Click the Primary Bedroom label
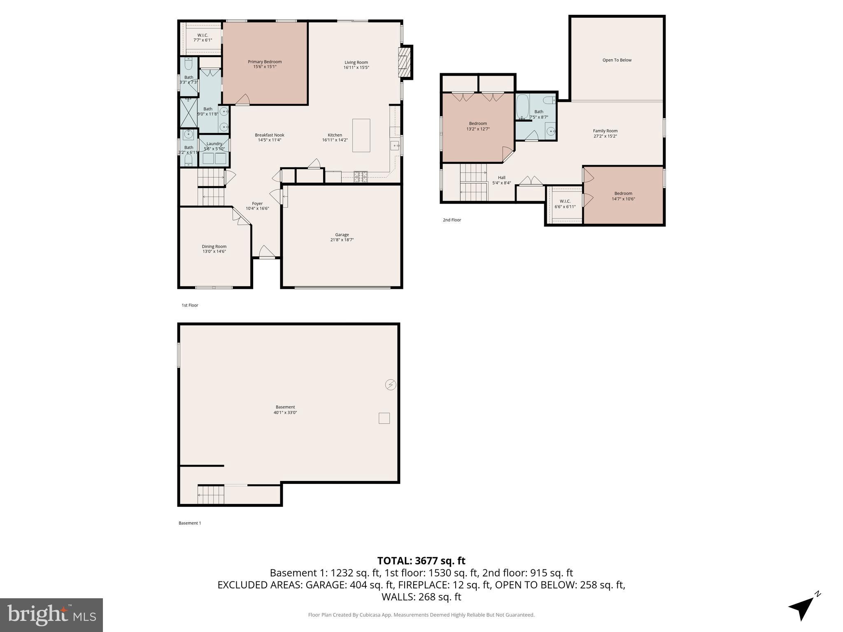(x=265, y=62)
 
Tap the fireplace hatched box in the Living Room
(x=405, y=62)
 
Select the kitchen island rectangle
(x=361, y=135)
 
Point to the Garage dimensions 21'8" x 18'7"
(x=342, y=240)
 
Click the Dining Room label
(x=214, y=246)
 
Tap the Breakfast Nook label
(x=269, y=135)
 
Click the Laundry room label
(x=214, y=144)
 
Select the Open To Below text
(x=617, y=60)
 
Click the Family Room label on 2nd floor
(x=605, y=131)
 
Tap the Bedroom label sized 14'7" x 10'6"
(x=623, y=193)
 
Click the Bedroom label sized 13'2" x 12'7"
(x=477, y=123)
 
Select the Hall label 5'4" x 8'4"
(x=501, y=178)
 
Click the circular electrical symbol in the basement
(x=390, y=385)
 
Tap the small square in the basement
(x=384, y=418)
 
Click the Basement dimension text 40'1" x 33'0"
(x=285, y=412)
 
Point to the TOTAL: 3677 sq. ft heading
(x=421, y=561)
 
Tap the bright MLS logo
(x=51, y=615)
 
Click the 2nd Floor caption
(x=452, y=220)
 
